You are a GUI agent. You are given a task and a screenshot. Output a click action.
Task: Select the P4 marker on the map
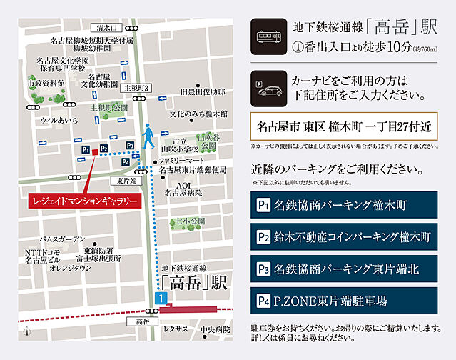126,162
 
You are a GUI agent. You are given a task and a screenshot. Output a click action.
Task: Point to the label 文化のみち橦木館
198,114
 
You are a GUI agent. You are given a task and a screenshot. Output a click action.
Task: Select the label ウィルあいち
59,121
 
